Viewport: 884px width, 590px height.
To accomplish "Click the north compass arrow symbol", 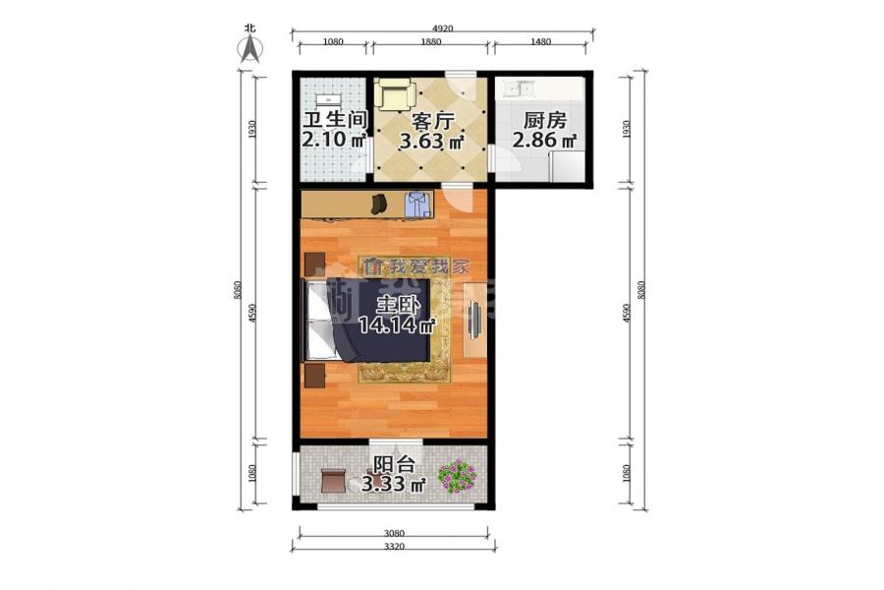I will point(251,48).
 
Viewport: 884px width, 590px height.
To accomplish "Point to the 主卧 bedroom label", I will point(397,304).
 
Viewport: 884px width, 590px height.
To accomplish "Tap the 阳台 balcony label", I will point(393,465).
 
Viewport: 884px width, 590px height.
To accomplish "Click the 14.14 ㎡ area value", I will point(397,325).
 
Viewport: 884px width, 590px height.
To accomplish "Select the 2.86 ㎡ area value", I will point(543,141).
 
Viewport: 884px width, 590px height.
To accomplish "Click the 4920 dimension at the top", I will point(443,29).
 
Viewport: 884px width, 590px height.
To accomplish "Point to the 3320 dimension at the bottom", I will point(394,546).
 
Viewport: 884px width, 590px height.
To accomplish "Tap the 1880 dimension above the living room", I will point(430,42).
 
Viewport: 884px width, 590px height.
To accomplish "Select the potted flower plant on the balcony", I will point(457,476).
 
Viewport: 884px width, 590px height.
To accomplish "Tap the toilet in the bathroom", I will point(326,99).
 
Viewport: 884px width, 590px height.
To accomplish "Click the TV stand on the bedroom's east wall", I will point(473,320).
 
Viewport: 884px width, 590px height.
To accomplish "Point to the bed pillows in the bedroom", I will point(316,321).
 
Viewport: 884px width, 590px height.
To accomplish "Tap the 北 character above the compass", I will point(250,29).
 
